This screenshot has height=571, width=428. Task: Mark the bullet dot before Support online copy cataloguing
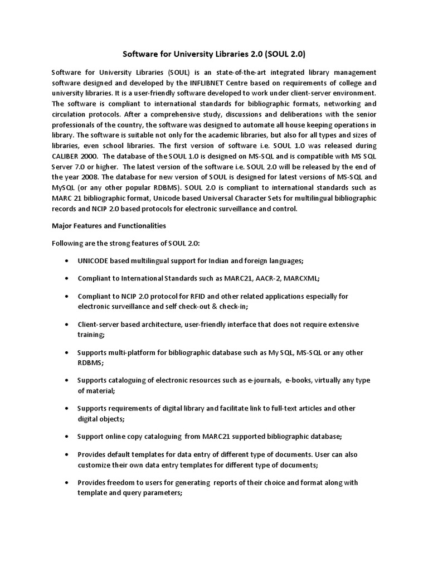(x=67, y=436)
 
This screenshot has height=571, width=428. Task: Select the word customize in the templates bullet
(x=95, y=464)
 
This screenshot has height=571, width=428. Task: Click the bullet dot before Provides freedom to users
(x=67, y=482)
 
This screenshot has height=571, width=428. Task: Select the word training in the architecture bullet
(x=90, y=335)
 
